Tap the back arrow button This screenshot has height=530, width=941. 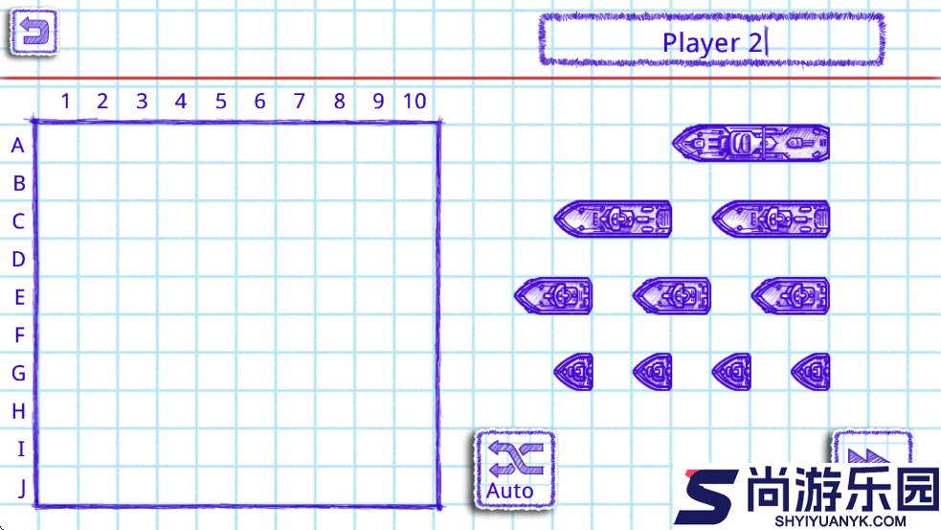click(x=34, y=32)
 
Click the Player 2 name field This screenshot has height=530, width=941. click(x=712, y=39)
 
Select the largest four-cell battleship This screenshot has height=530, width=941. click(x=751, y=143)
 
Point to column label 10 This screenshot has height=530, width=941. click(x=414, y=101)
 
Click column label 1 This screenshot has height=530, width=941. click(x=66, y=101)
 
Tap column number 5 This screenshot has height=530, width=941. click(x=221, y=101)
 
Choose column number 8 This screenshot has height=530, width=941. click(x=339, y=101)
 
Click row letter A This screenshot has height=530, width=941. click(x=18, y=146)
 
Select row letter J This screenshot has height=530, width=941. click(x=22, y=488)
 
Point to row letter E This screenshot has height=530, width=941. click(x=20, y=297)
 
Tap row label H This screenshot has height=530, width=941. click(x=18, y=411)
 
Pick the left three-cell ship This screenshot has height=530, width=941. click(x=613, y=219)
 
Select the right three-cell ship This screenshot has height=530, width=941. click(x=772, y=219)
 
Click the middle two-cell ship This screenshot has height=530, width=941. click(x=672, y=295)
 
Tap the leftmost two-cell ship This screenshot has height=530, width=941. click(x=553, y=295)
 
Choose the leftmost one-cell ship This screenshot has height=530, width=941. click(x=573, y=372)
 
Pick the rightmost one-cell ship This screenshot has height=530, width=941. click(x=811, y=372)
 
